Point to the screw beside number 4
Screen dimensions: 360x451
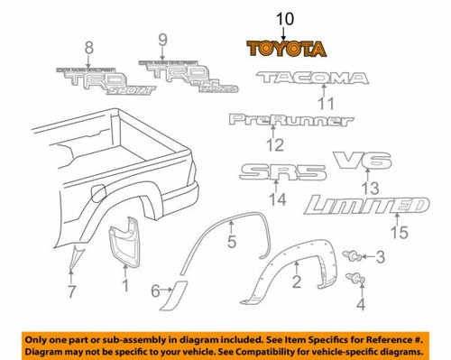click(x=362, y=282)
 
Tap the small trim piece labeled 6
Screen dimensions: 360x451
click(x=178, y=291)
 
